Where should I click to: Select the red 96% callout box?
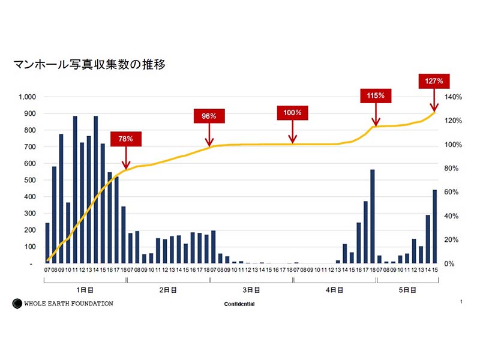coord(209,116)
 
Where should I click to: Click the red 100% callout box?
coord(292,112)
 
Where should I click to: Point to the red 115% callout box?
coord(376,95)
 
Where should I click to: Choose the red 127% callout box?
coord(434,80)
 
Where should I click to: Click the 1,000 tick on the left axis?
coord(28,97)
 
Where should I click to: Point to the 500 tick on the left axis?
coord(31,180)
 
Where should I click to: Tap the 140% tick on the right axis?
coord(452,97)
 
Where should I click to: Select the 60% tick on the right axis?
coord(451,192)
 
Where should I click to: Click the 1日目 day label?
coord(85,290)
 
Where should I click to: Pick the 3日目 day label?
coord(251,290)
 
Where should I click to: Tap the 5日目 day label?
coord(408,290)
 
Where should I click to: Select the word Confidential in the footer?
coord(239,304)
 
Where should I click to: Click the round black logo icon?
coord(17,304)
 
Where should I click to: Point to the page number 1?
coord(461,302)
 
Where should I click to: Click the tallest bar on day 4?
coord(373,217)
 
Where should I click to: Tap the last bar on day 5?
coord(435,227)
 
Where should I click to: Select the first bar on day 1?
coord(47,243)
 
